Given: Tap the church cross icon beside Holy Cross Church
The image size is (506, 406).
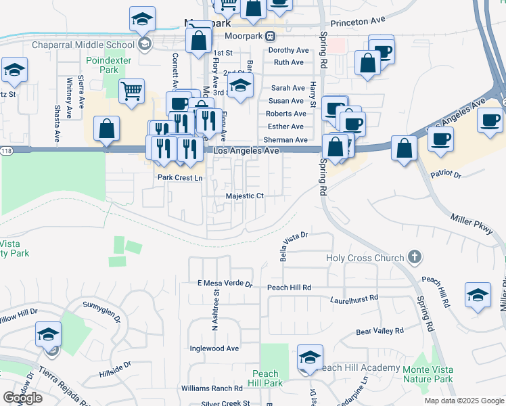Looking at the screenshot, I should [415, 257].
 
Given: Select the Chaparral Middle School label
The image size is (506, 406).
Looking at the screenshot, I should [83, 45].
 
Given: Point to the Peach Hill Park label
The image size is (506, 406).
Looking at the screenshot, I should [266, 378].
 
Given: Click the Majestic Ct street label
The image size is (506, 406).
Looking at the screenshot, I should [244, 196].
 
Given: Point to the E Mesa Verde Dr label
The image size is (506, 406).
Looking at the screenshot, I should [225, 284].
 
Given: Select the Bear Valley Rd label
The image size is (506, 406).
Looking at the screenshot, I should [379, 332].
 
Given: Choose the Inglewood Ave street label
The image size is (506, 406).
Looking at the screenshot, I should [215, 348].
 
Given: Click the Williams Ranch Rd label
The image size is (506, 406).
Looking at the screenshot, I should [212, 388].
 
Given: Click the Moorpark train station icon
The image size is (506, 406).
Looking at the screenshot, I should [270, 35].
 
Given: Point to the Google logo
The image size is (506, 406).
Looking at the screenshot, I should [23, 398].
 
